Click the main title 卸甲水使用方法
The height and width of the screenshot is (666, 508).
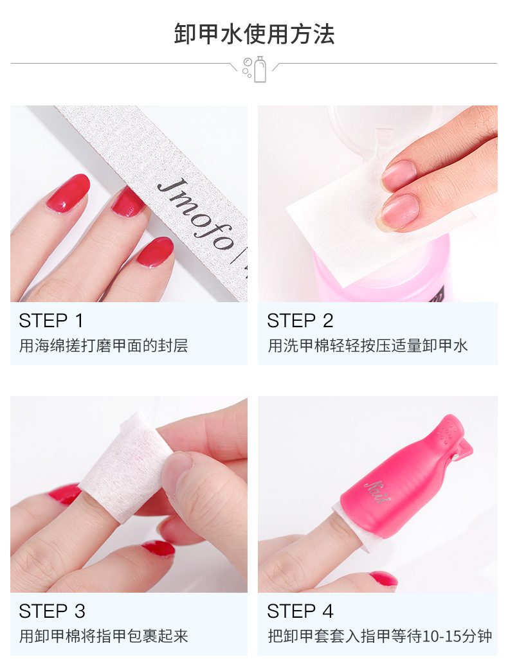[254, 34]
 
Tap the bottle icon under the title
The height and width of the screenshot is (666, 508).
[260, 69]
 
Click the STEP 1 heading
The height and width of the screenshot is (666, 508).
[51, 321]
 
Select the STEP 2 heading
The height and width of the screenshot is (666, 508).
[300, 321]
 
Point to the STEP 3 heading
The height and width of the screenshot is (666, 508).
[52, 611]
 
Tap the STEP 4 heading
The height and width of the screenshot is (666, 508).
[300, 611]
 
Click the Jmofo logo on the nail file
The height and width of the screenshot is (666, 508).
[196, 215]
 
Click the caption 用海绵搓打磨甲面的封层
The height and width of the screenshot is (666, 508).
[104, 346]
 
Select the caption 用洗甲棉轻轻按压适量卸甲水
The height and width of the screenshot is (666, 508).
[368, 346]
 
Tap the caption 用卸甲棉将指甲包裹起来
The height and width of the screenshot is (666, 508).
[104, 636]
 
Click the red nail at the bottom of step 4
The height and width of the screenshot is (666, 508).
[383, 579]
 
